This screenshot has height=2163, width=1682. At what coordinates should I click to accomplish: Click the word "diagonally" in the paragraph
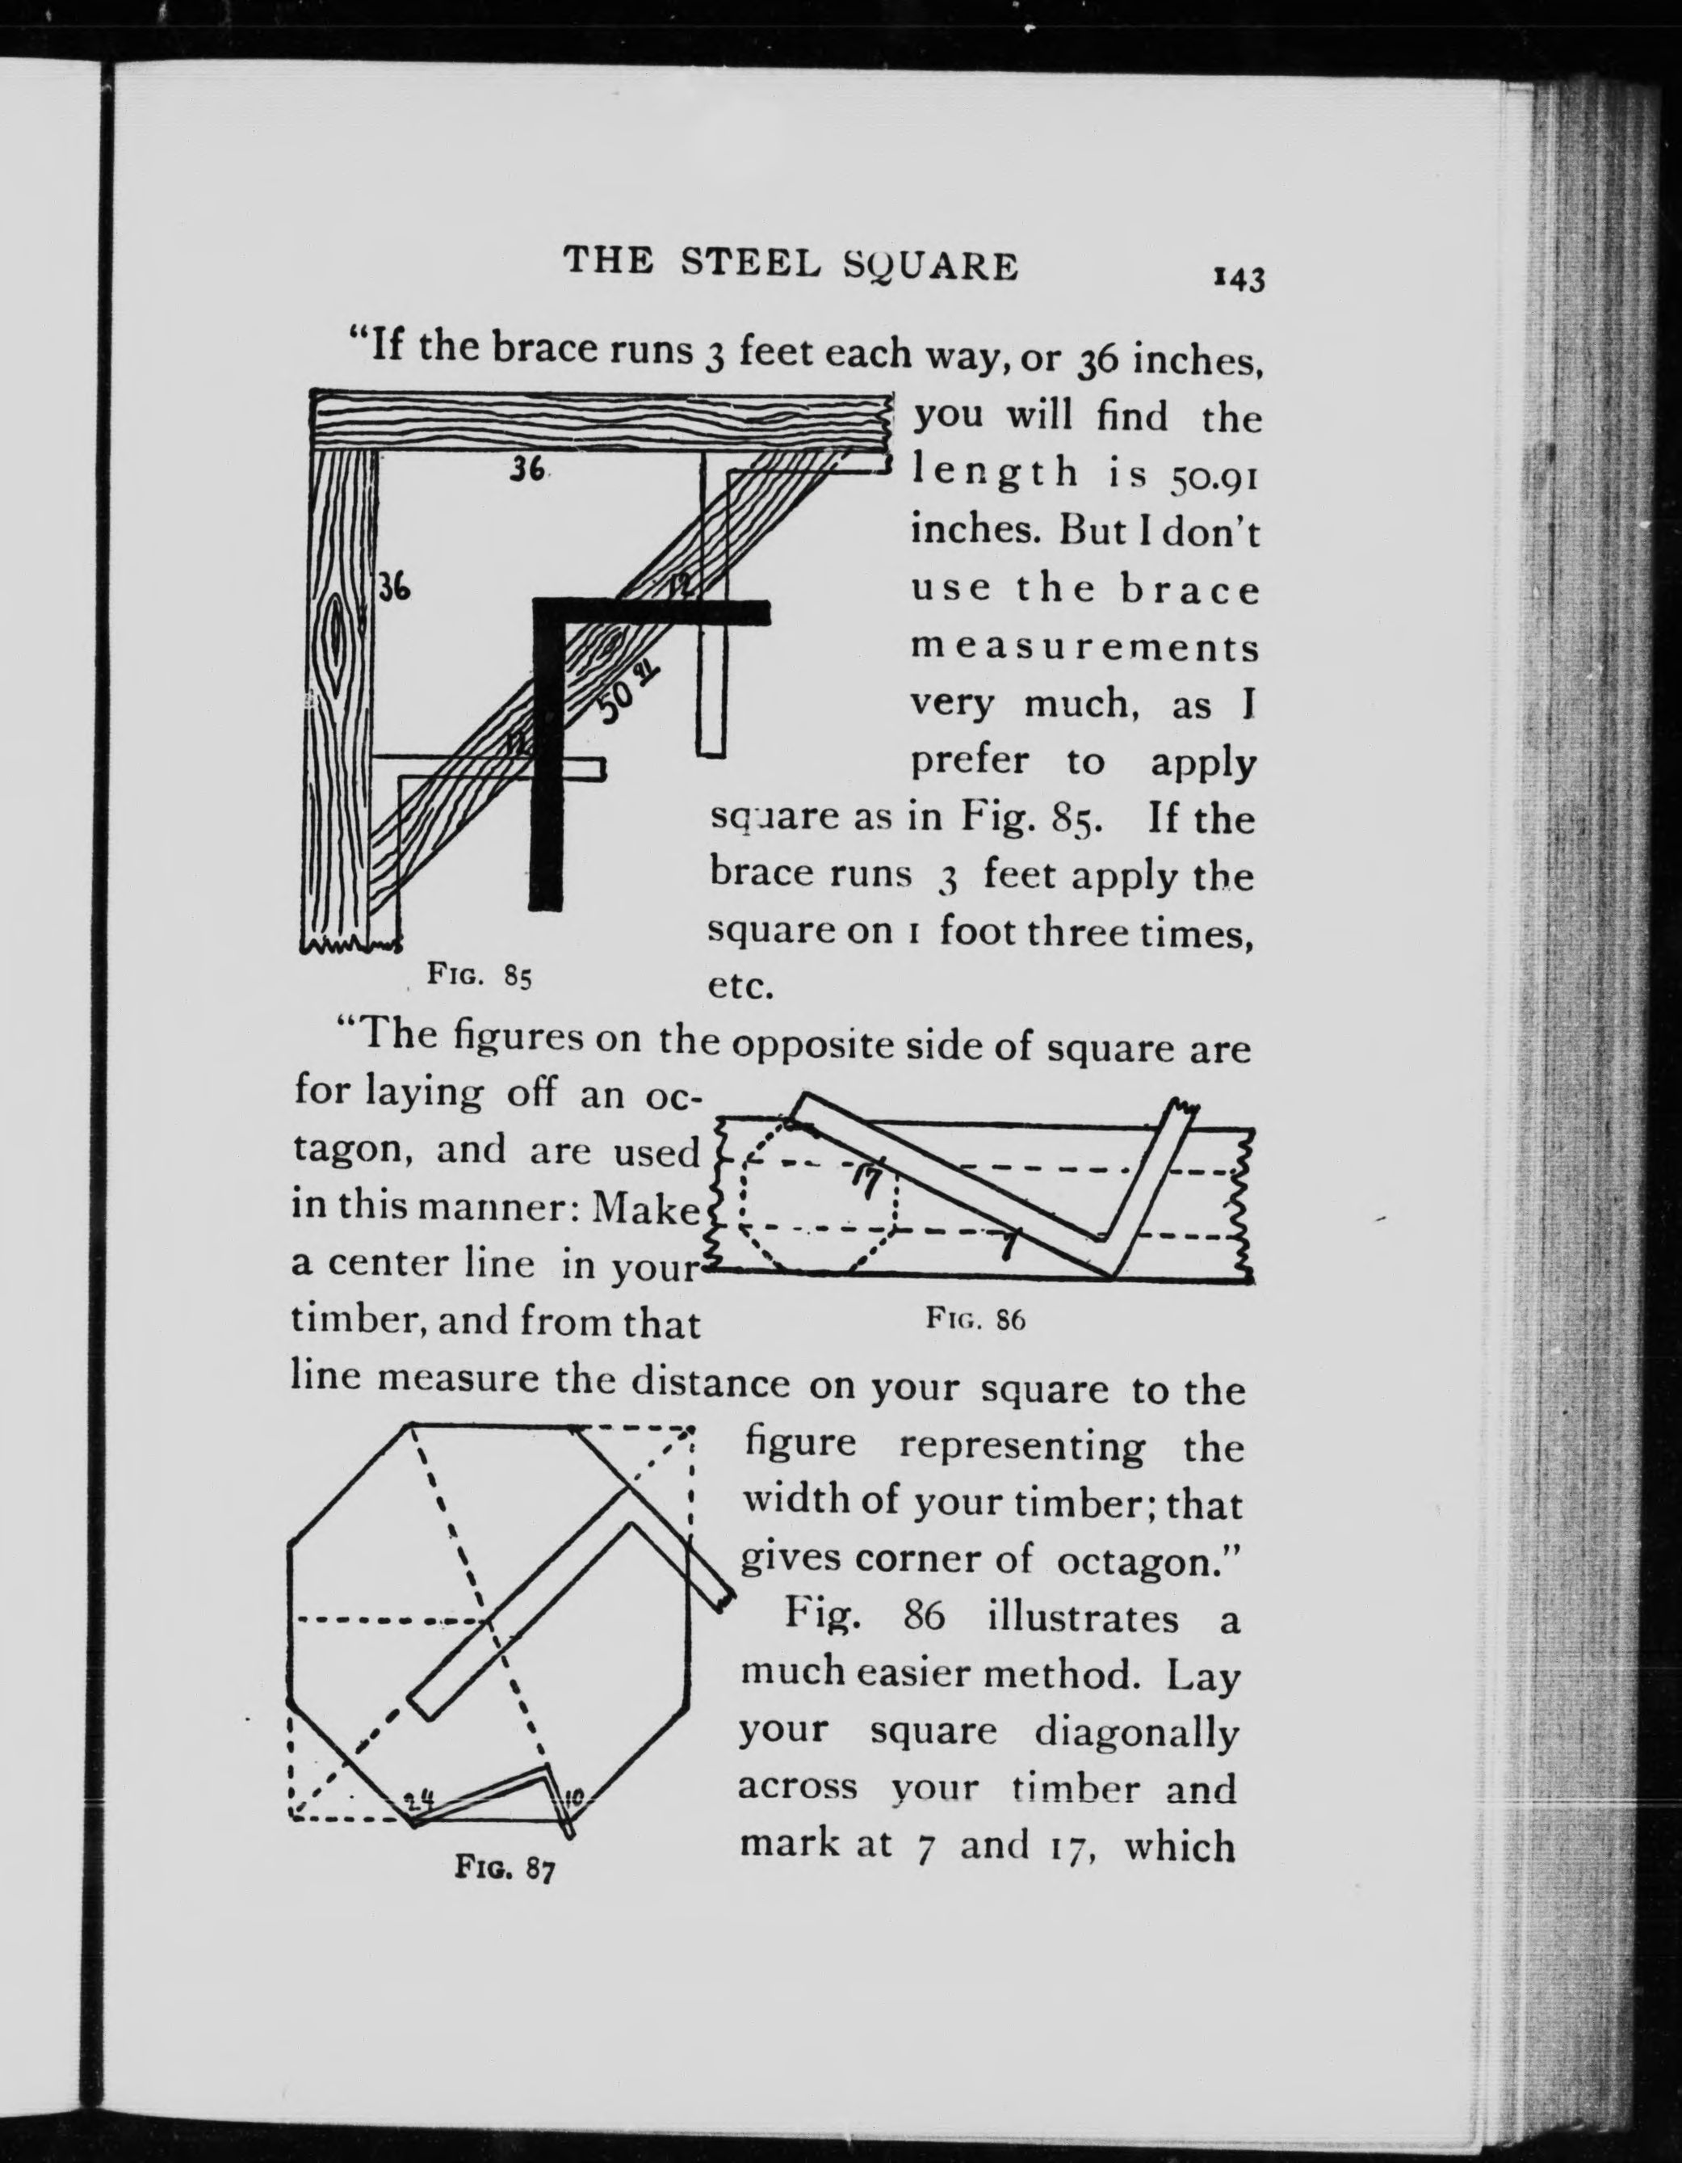pyautogui.click(x=1136, y=1732)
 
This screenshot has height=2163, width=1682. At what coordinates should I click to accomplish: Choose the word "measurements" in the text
pyautogui.click(x=1084, y=649)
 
